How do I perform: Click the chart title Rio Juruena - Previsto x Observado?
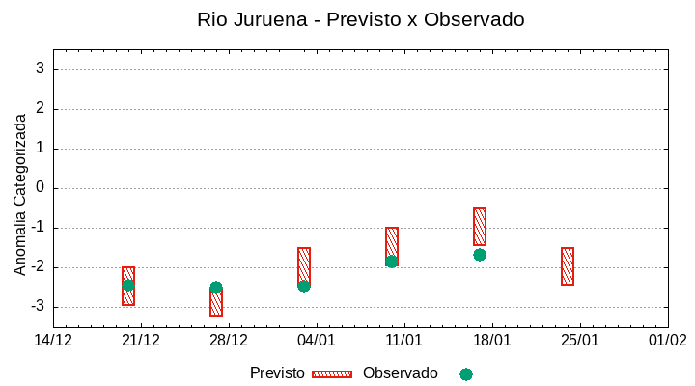(360, 19)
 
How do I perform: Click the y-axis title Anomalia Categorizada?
(20, 194)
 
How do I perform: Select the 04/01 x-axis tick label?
(317, 341)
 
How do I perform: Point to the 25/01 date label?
(580, 341)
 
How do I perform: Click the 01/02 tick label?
(667, 341)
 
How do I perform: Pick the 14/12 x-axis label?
(53, 341)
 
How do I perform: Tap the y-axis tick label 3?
(41, 69)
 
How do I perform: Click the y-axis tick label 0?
(41, 188)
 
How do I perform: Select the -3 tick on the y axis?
(38, 307)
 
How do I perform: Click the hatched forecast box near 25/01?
(568, 266)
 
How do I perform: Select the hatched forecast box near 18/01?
(480, 227)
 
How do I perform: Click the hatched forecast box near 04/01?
(304, 264)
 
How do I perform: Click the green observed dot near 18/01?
(480, 255)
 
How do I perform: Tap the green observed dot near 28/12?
(216, 288)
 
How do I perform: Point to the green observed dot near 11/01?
(392, 262)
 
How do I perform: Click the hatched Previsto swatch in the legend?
(332, 374)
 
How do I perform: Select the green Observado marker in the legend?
(466, 374)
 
